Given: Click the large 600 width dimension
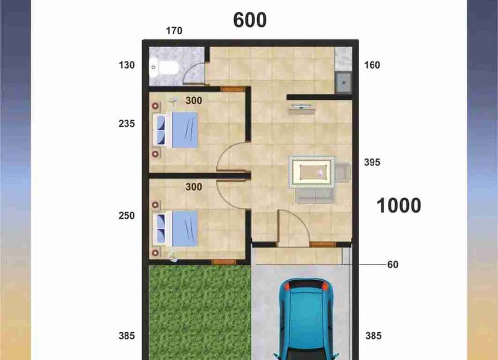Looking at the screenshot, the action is click(x=250, y=20).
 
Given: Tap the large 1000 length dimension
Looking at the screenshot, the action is click(x=398, y=205).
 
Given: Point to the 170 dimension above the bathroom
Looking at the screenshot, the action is click(x=174, y=31).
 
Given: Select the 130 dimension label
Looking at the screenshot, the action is click(x=127, y=65).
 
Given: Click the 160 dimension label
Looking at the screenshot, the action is click(x=372, y=65).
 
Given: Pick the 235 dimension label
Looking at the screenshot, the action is click(x=127, y=124).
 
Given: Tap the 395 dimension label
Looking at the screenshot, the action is click(x=372, y=162).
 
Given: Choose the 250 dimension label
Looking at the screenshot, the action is click(x=127, y=215).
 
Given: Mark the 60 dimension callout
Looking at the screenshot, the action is click(x=392, y=265).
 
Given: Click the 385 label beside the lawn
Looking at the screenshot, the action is click(x=127, y=336).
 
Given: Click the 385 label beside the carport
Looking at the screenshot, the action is click(x=373, y=336).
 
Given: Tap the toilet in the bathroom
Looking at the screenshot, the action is click(x=164, y=68).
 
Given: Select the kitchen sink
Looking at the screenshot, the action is click(x=344, y=83).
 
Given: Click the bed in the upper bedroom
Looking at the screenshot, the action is click(x=175, y=130).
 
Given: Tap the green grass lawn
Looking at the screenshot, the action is click(x=200, y=312).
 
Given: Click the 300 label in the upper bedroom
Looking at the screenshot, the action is click(x=194, y=100).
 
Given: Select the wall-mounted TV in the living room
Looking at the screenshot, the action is click(x=302, y=107).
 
